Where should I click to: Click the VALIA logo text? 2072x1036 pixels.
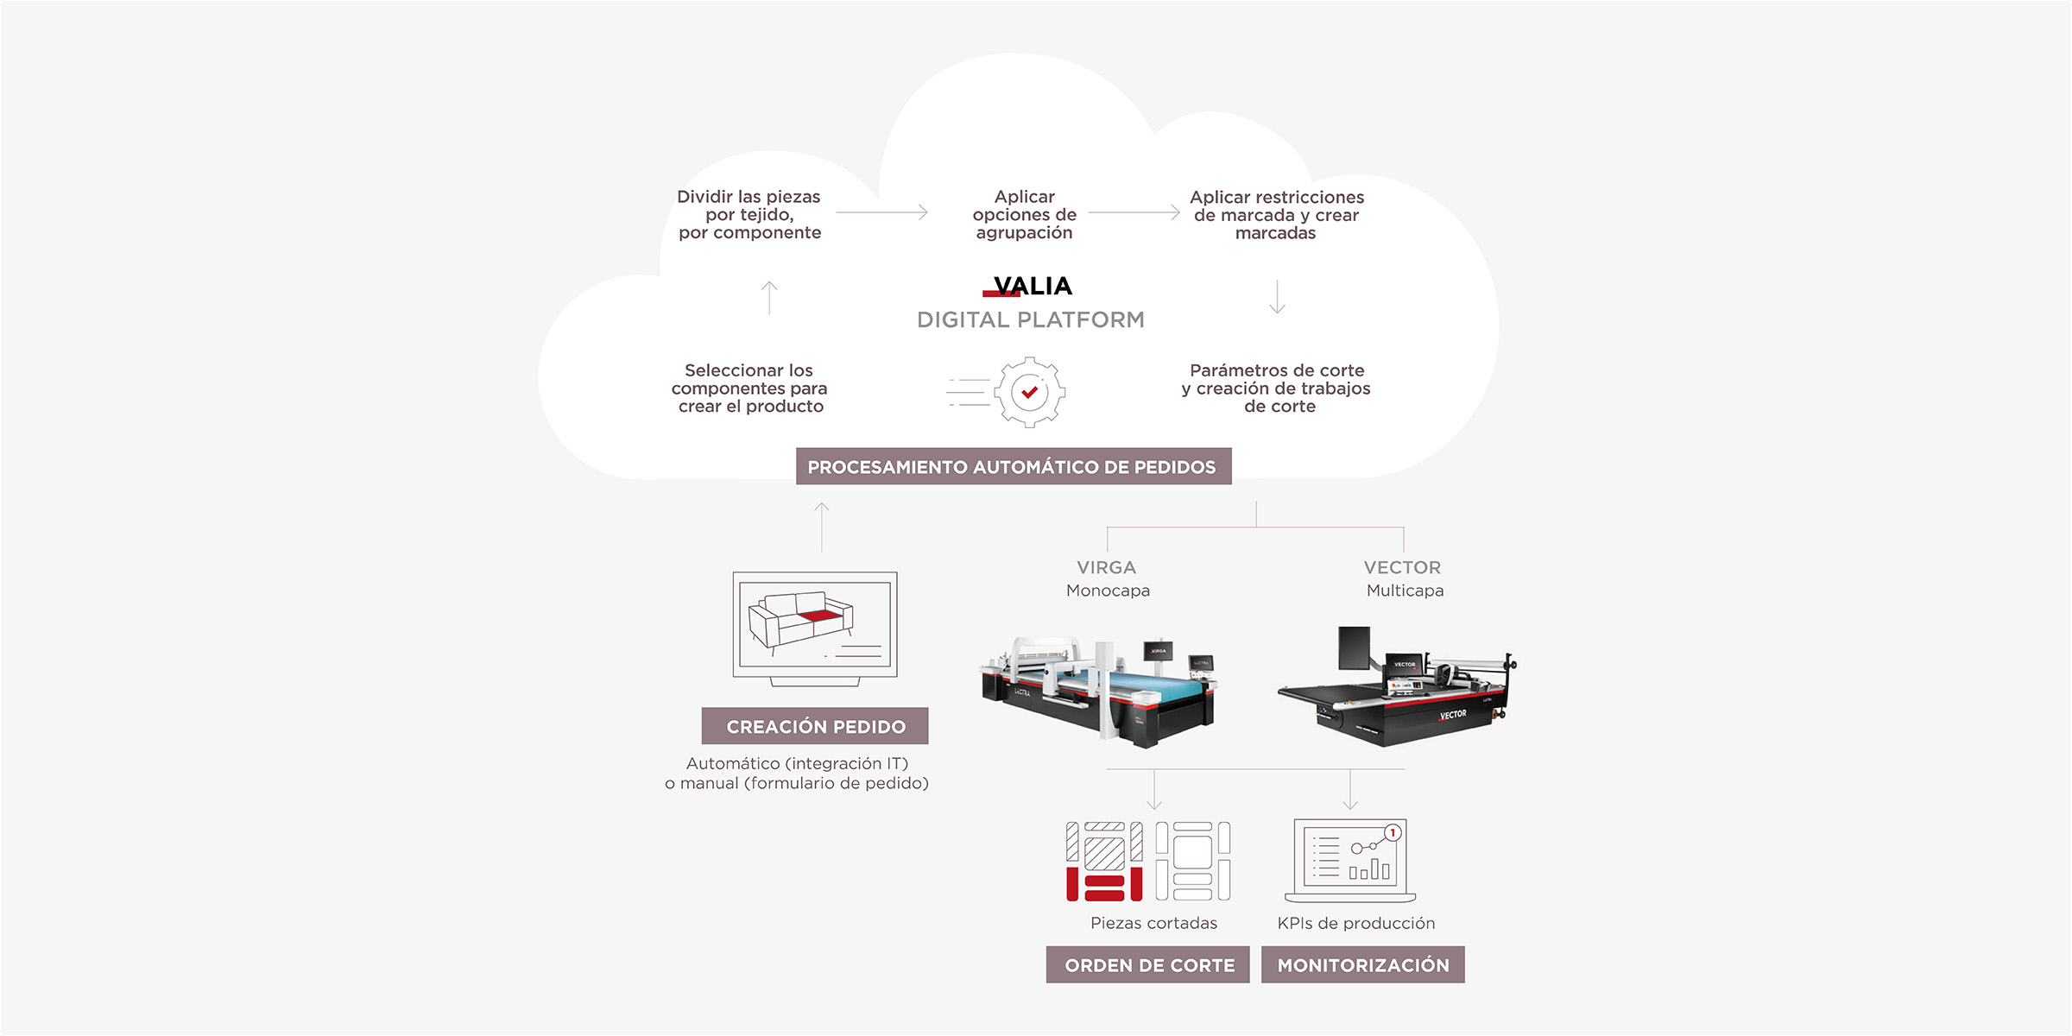pyautogui.click(x=1033, y=286)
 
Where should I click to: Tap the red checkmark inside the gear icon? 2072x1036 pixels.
pyautogui.click(x=1029, y=392)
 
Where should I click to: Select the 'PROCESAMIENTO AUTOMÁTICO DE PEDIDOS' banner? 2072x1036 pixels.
pyautogui.click(x=1013, y=467)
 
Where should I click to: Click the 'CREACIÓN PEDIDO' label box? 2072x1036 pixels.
pyautogui.click(x=815, y=727)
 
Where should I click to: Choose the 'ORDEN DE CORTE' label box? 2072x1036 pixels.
pyautogui.click(x=1148, y=965)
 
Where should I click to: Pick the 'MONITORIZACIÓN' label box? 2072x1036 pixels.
pyautogui.click(x=1362, y=965)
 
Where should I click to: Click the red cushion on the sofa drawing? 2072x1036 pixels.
pyautogui.click(x=819, y=616)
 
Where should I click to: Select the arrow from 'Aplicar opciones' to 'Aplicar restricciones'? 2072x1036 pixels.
pyautogui.click(x=1134, y=212)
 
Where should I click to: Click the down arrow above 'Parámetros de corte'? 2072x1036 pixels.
pyautogui.click(x=1278, y=297)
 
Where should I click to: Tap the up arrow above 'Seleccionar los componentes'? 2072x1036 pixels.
pyautogui.click(x=769, y=297)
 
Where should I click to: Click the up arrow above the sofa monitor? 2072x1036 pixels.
pyautogui.click(x=822, y=527)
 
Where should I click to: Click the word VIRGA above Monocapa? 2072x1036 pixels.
pyautogui.click(x=1106, y=568)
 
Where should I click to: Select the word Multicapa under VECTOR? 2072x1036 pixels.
pyautogui.click(x=1405, y=591)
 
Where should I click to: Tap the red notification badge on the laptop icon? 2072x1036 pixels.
pyautogui.click(x=1393, y=833)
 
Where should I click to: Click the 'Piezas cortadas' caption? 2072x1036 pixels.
pyautogui.click(x=1153, y=924)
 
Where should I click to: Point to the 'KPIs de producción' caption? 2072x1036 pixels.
pyautogui.click(x=1355, y=924)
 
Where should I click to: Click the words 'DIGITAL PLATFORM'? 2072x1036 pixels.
pyautogui.click(x=1030, y=320)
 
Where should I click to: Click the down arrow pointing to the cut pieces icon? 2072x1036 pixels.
pyautogui.click(x=1154, y=790)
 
